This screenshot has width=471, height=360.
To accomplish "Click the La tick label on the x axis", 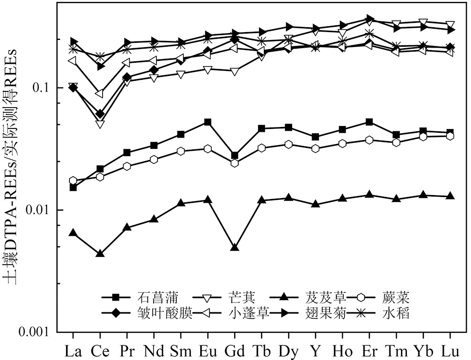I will (73, 349).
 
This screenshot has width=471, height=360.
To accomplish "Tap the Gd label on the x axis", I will (235, 349).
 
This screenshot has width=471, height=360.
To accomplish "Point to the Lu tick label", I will (450, 349).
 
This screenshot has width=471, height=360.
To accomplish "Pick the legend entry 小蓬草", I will (248, 313).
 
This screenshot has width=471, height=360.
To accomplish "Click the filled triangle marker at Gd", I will (235, 247).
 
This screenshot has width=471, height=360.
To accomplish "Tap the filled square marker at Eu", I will (208, 122).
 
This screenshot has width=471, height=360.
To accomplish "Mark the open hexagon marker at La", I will (73, 180).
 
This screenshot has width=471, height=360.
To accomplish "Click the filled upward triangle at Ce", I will (100, 253).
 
